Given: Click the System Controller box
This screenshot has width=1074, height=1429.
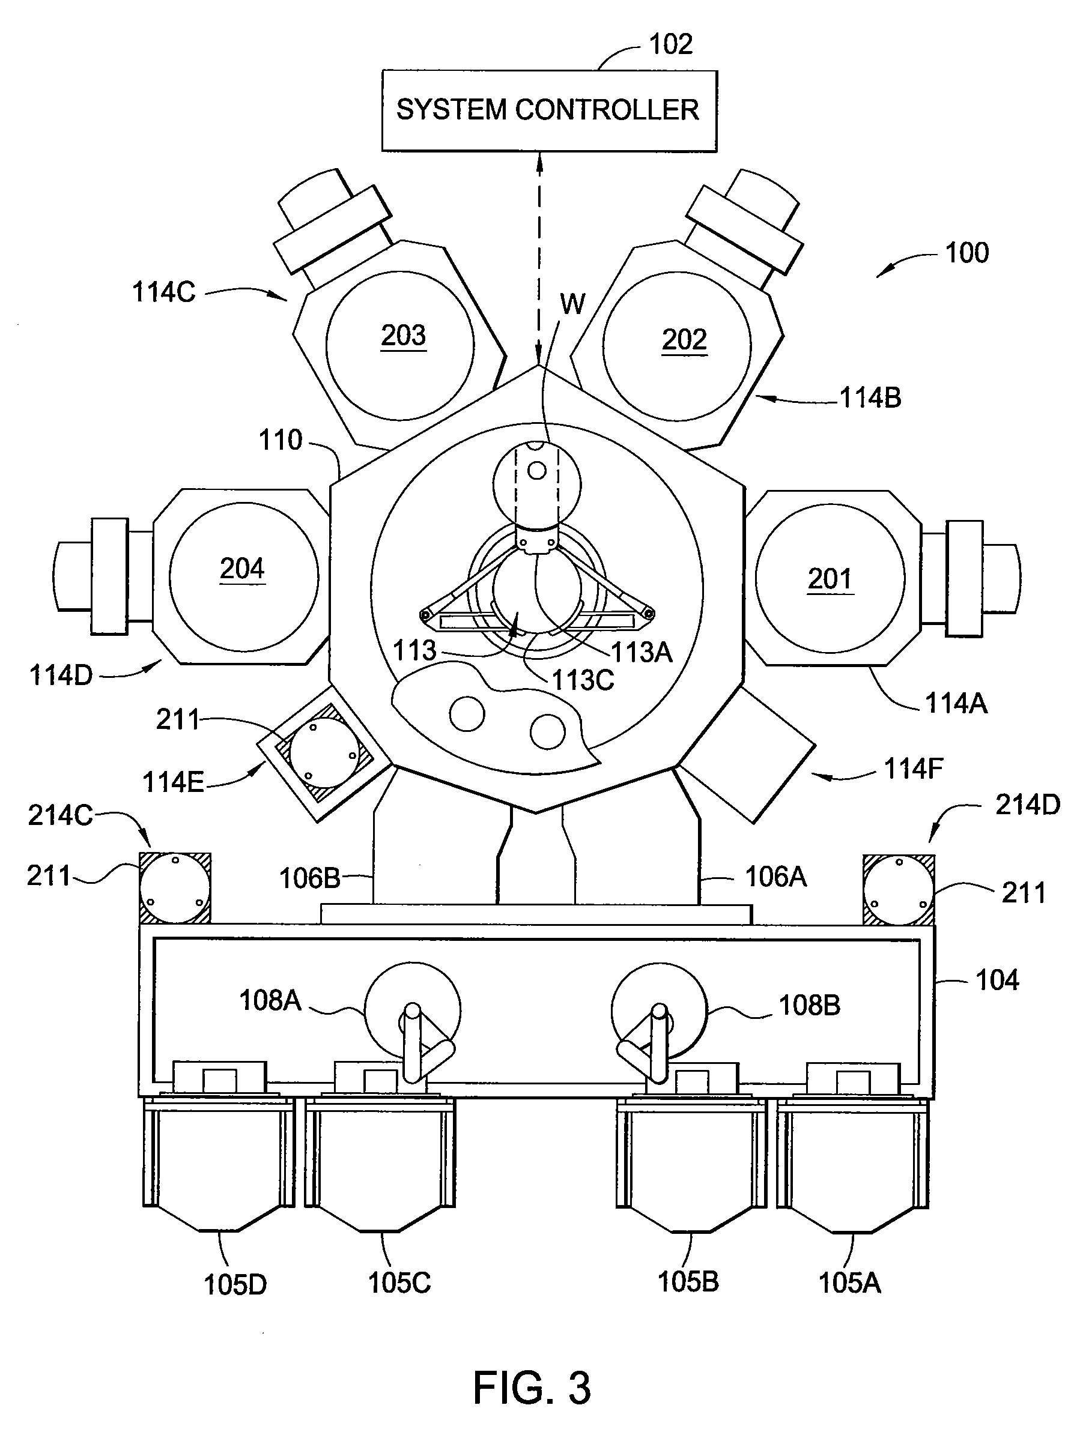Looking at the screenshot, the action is click(x=549, y=111).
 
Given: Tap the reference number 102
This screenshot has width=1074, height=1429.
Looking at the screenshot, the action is click(x=671, y=44).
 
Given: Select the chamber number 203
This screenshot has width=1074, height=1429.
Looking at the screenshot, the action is click(x=403, y=335).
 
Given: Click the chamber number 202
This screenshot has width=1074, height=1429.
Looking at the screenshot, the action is click(x=684, y=339).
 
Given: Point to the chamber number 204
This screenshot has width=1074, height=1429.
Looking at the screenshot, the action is click(x=242, y=569).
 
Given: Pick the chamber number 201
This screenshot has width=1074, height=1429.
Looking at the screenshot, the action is click(x=830, y=579).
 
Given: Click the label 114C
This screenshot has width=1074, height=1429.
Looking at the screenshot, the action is click(x=163, y=292).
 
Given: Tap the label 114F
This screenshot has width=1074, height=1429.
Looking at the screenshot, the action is click(x=913, y=769).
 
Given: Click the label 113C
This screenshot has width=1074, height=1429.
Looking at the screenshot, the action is click(x=582, y=680).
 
